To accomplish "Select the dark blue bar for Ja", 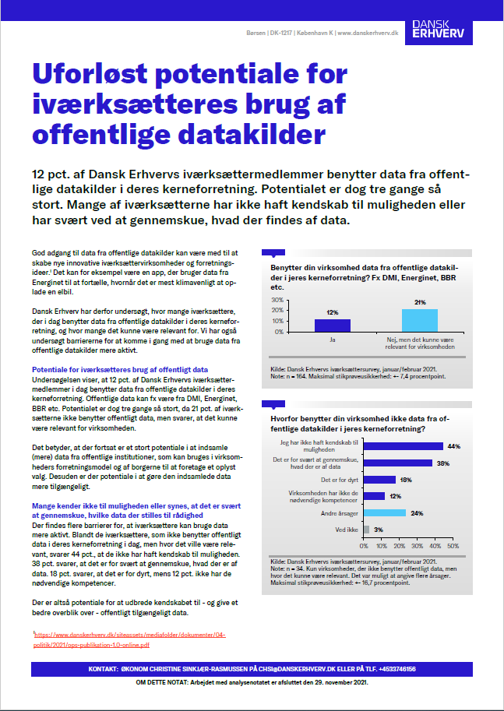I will point(332,326).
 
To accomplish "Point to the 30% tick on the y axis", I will point(277,300).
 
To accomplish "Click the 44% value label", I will point(453,446).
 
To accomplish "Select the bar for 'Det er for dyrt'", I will point(380,480).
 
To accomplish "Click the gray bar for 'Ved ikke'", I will point(367,529).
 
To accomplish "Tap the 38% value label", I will point(442,463).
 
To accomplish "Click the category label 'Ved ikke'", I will point(347,530).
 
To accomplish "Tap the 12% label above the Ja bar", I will point(332,312).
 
